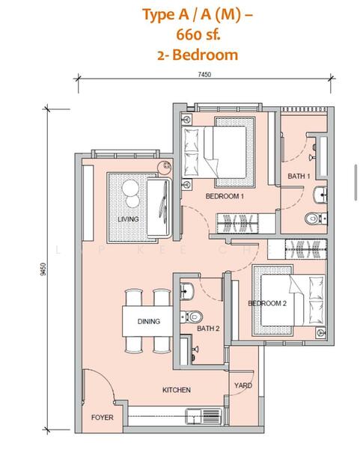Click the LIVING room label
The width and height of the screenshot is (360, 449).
128,219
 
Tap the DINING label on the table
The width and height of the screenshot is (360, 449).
149,321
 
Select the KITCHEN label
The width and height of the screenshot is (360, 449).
177,390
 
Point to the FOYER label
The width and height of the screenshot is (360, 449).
103,418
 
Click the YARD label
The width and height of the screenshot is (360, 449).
243,385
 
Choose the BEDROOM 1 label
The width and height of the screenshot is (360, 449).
225,196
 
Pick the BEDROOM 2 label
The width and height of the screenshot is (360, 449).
267,303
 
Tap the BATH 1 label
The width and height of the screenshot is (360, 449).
299,176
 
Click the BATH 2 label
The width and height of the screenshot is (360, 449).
208,329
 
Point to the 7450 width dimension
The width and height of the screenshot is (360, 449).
204,74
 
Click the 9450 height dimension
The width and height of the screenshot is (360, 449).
43,269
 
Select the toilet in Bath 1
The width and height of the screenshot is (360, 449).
316,219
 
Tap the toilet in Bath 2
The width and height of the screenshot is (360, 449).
192,317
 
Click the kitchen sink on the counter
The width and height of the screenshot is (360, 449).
203,416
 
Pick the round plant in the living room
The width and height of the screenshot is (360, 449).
165,166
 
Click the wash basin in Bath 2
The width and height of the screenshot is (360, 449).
187,291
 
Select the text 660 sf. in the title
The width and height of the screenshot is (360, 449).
198,35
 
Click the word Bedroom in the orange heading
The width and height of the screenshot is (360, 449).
205,55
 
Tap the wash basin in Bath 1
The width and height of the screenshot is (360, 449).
320,195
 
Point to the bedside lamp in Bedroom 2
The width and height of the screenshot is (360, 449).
321,332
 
